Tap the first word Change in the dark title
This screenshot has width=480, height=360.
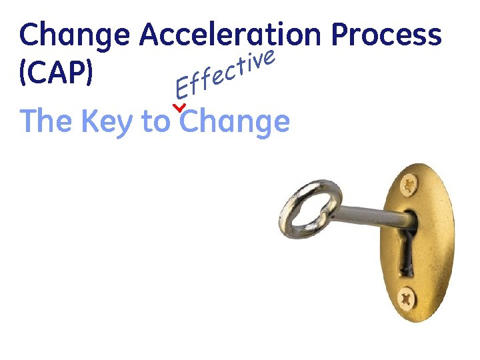(x=75, y=35)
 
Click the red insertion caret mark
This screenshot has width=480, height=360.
(x=178, y=107)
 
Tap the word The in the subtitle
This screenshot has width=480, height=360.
(x=46, y=121)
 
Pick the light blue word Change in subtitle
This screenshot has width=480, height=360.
(x=235, y=123)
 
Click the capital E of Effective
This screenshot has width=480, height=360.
(x=180, y=87)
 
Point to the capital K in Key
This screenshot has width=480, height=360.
(x=90, y=121)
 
